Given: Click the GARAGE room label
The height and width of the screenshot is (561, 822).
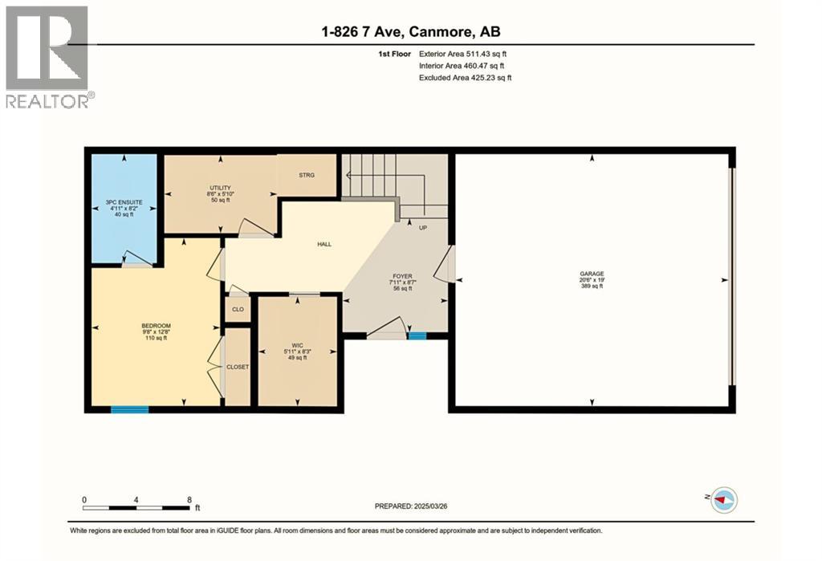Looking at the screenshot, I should coord(592,273).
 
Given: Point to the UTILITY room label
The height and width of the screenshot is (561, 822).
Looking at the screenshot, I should coord(220,188).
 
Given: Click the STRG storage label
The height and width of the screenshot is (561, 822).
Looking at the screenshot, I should coord(306,174).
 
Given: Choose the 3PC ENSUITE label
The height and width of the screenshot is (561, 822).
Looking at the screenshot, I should coord(124,203).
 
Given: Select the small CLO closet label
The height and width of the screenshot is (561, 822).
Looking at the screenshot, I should coord(238,309).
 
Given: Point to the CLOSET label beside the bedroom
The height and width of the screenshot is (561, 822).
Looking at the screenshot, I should coord(238,367).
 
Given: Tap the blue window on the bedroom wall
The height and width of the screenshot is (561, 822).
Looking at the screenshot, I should coord(129,409).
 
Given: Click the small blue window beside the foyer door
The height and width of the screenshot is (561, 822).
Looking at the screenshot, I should coord(417,336).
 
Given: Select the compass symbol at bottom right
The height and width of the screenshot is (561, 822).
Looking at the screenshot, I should coord(723,499).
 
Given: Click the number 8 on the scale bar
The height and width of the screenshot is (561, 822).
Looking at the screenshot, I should coord(188,498).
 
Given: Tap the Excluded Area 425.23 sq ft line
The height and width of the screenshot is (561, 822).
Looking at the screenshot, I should coord(465,78).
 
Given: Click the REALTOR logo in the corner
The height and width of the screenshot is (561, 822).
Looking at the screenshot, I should coord(49,56).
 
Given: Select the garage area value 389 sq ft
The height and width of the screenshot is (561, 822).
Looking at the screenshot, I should coord(592,288).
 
